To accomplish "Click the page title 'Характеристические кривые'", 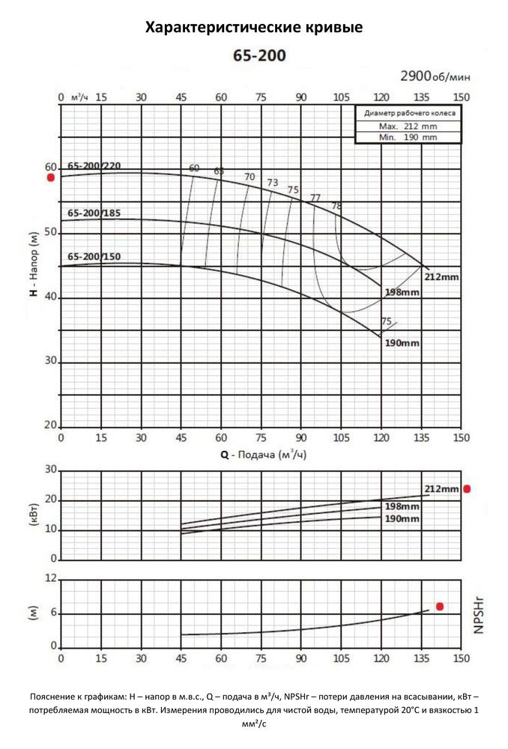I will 253,28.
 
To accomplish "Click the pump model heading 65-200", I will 254,55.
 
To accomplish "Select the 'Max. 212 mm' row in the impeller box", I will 408,127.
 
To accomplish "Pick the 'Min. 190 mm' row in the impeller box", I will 408,137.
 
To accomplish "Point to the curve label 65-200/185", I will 94,213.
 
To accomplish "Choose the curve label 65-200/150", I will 94,257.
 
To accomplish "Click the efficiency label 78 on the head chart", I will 336,205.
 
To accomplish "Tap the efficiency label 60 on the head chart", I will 194,168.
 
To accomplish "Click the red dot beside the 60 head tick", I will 50,178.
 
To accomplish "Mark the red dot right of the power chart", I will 467,489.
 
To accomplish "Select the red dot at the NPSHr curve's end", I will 440,606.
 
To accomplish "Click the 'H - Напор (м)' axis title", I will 34,265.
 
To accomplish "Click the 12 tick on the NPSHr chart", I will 51,579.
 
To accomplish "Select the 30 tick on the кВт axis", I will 51,470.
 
